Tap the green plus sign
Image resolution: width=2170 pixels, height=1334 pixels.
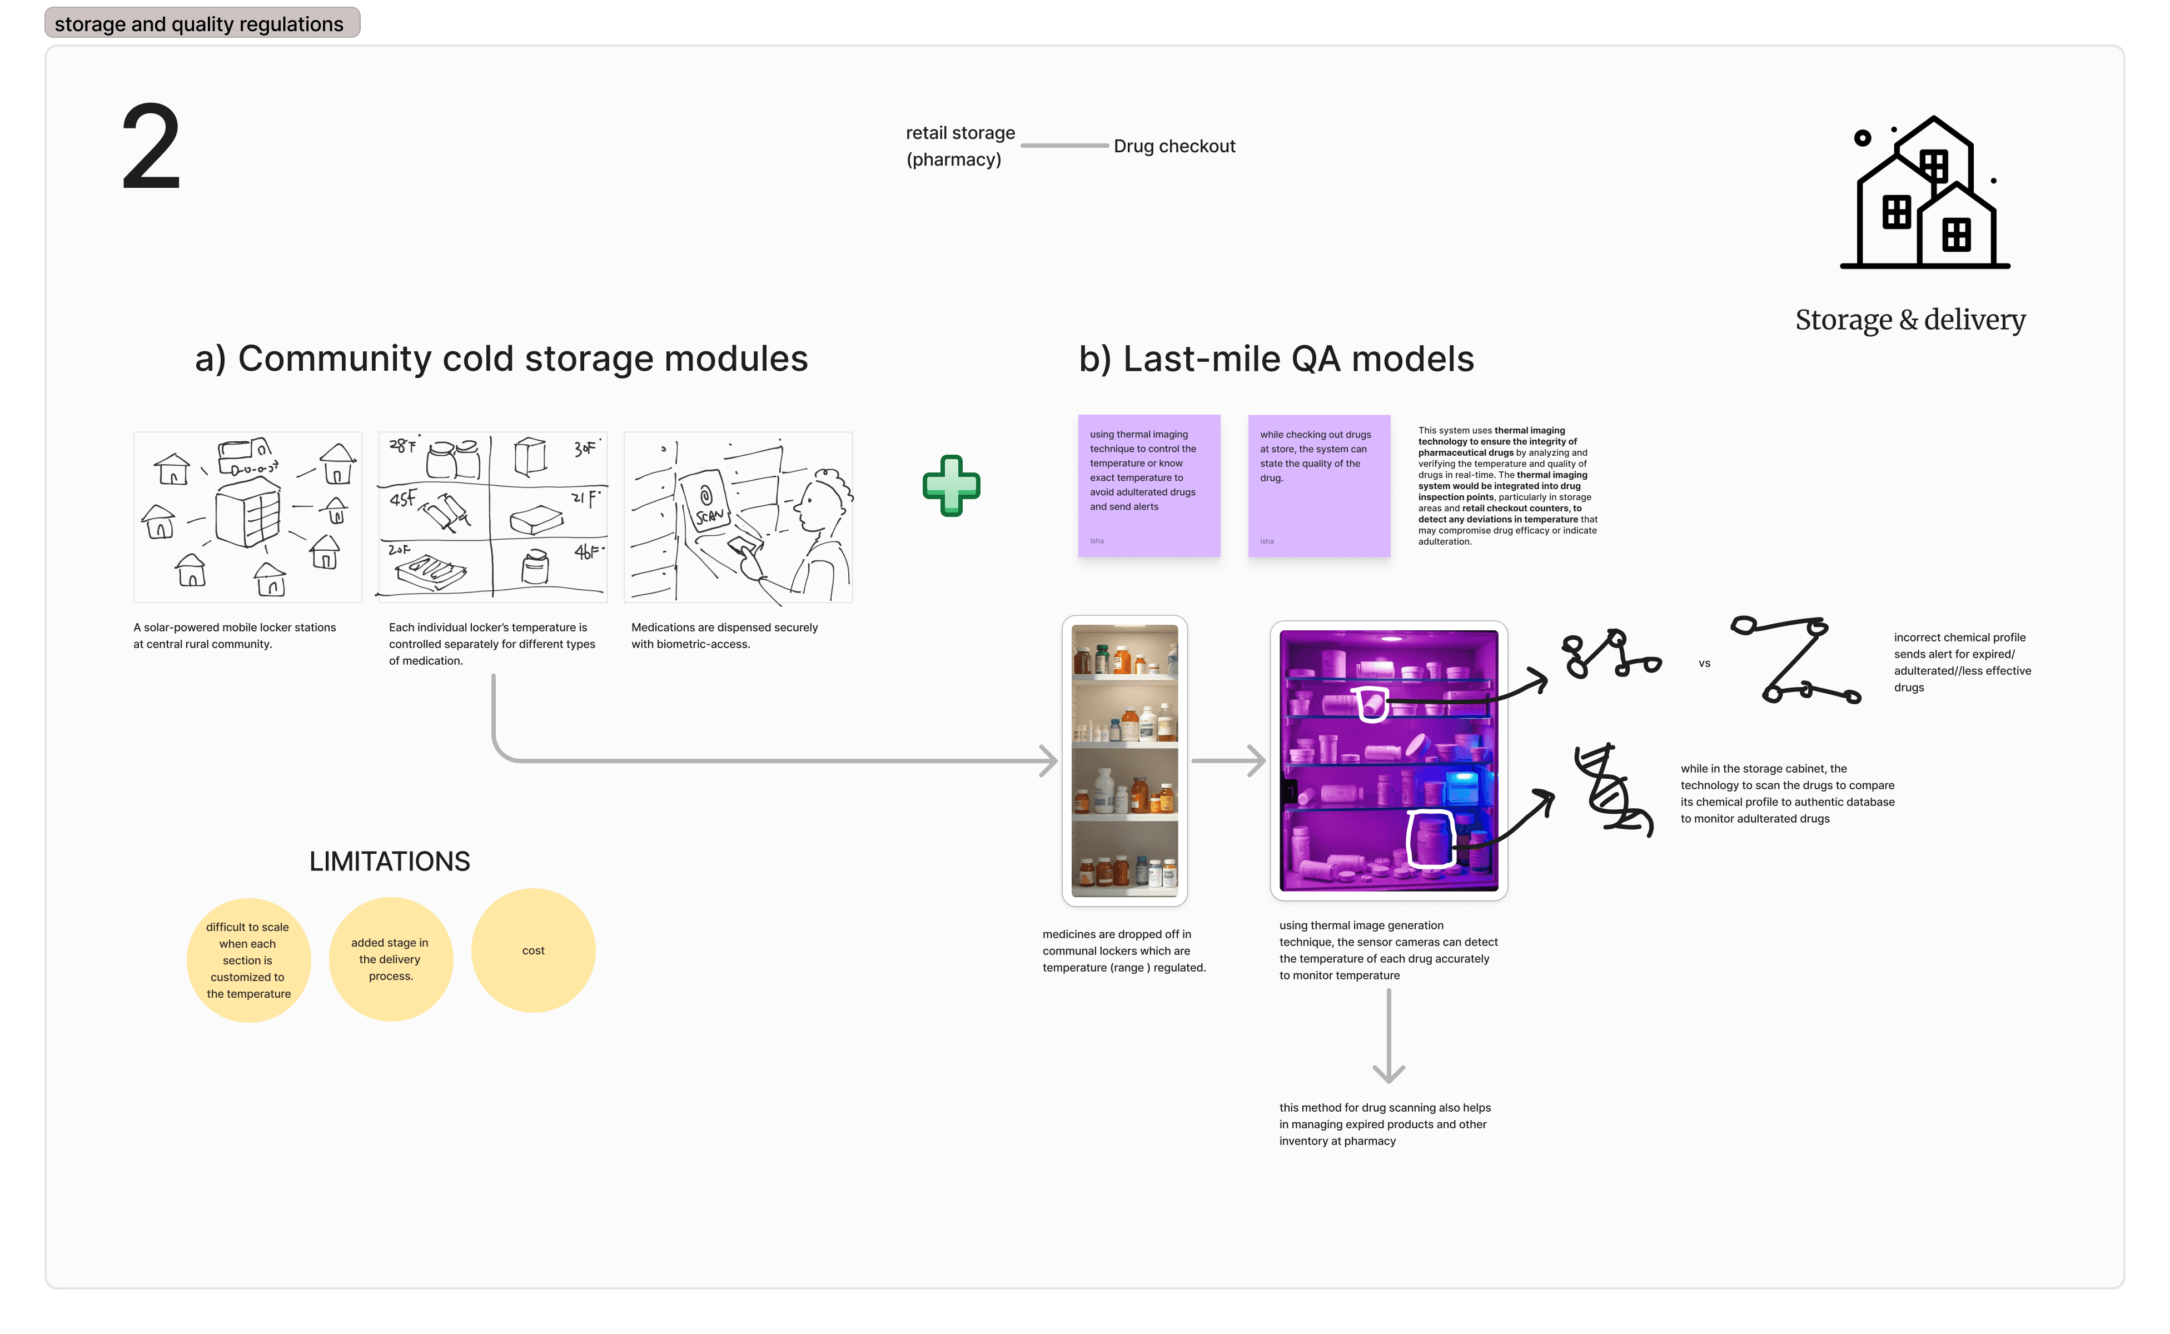pyautogui.click(x=951, y=485)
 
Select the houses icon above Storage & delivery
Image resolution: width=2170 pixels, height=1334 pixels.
pyautogui.click(x=1925, y=193)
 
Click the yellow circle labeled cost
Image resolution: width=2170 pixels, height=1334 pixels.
pyautogui.click(x=533, y=950)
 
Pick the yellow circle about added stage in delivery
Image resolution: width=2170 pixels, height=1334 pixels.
pyautogui.click(x=391, y=959)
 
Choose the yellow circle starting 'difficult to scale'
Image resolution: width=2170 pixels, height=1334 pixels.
pyautogui.click(x=248, y=960)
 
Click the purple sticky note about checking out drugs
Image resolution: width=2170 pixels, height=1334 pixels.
pyautogui.click(x=1319, y=485)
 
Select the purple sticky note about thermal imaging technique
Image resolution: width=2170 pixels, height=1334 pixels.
pyautogui.click(x=1148, y=485)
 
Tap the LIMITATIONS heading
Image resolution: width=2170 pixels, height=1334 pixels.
pyautogui.click(x=389, y=861)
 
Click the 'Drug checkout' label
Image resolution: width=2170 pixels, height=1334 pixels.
pyautogui.click(x=1174, y=146)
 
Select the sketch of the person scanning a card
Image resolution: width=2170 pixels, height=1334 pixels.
pyautogui.click(x=738, y=517)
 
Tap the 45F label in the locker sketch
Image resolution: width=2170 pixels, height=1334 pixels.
pyautogui.click(x=402, y=499)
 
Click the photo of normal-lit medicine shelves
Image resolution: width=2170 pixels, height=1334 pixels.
pyautogui.click(x=1124, y=760)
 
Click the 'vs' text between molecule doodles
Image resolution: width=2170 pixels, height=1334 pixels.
pyautogui.click(x=1704, y=664)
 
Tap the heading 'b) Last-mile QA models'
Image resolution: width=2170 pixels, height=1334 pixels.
pyautogui.click(x=1276, y=359)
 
